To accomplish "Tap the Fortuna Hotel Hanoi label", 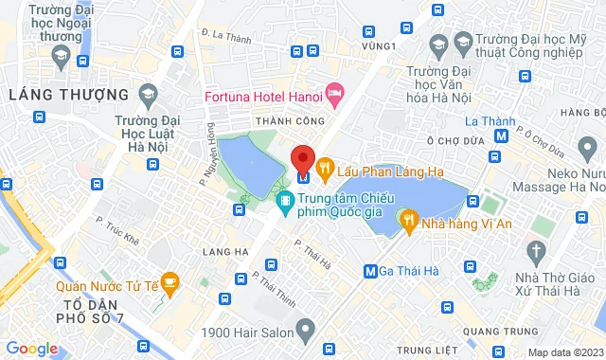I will point(262,95).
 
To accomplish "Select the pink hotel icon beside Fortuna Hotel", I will point(334,93).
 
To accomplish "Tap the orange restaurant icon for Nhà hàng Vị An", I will point(410,221).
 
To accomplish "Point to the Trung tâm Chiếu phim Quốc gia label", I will point(342,207).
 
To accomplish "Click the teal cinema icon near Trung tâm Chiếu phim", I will point(284,201).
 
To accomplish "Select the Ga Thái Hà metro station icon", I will point(372,271).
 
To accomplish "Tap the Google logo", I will point(31,349).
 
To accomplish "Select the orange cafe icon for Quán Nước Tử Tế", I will point(169,280).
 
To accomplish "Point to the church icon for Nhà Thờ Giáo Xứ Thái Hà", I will point(538,252).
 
